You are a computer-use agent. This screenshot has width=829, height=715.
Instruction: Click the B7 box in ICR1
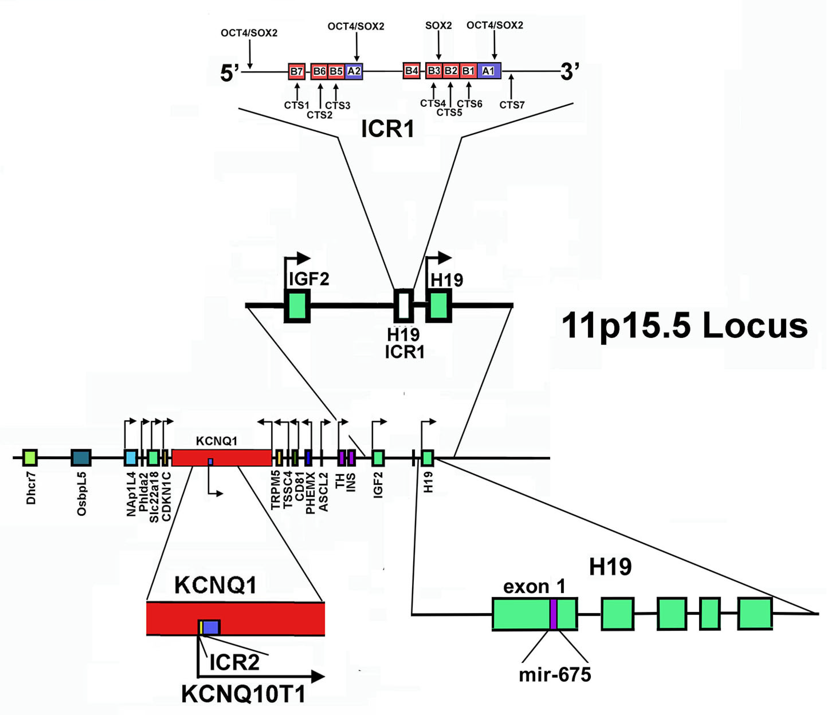tap(297, 71)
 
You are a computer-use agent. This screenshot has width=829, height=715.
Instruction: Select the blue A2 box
tap(354, 71)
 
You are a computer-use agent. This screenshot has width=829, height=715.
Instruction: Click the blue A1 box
tap(488, 71)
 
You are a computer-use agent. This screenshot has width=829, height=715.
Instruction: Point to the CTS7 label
tap(512, 105)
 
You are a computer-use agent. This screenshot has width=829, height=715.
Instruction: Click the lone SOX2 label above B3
tap(438, 25)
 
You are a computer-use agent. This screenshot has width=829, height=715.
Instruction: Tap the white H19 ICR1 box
tap(404, 305)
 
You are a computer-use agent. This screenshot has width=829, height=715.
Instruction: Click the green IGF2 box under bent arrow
tap(297, 305)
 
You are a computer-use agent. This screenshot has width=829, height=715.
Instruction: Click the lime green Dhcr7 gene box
tap(30, 458)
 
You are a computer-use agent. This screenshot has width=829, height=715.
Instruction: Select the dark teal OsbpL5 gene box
tap(81, 458)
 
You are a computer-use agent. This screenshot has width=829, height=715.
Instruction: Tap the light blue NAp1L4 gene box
tap(131, 458)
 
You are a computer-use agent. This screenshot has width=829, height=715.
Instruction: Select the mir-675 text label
tap(555, 675)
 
